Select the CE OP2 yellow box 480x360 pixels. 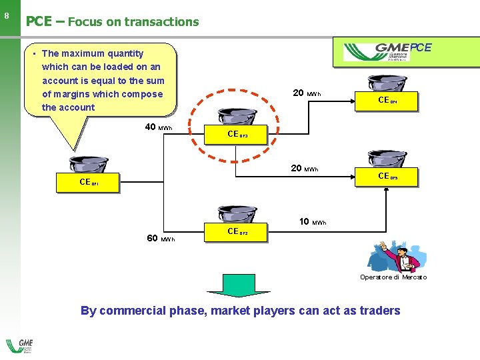(x=238, y=232)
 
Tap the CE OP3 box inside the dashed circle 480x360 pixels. (x=238, y=134)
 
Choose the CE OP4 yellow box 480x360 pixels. (x=388, y=101)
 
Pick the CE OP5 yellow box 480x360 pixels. (x=388, y=177)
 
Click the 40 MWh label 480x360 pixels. (x=158, y=127)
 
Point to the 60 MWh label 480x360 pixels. (x=161, y=239)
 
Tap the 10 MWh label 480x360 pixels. (x=313, y=221)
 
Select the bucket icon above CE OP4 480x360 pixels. (x=388, y=83)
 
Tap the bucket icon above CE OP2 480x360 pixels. (x=238, y=215)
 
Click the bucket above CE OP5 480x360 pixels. (x=388, y=160)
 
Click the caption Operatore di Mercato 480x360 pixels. (x=393, y=277)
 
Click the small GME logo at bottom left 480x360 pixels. (x=19, y=347)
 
